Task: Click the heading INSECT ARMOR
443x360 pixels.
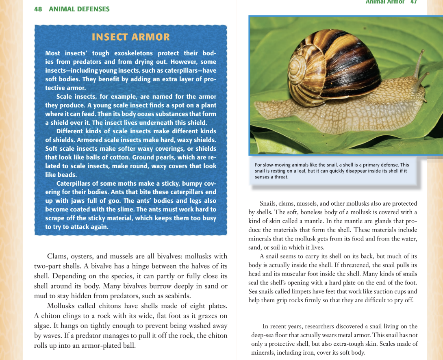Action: coord(131,37)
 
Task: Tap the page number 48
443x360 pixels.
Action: coord(38,9)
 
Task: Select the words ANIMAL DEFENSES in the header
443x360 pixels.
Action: coord(79,9)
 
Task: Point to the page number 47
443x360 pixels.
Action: coord(413,2)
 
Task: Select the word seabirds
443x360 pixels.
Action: coord(176,296)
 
